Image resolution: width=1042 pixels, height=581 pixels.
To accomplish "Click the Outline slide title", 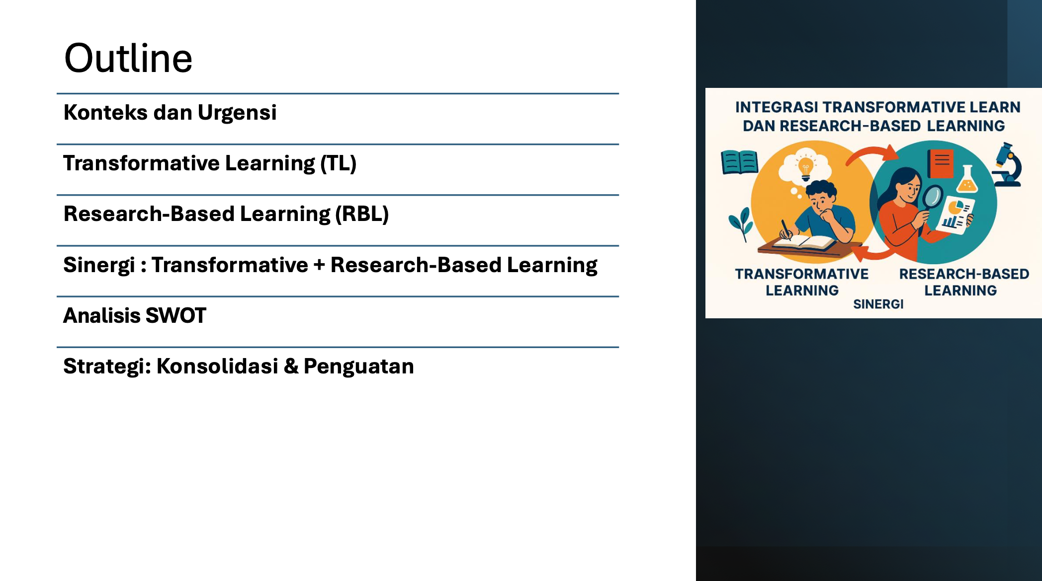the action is (128, 58).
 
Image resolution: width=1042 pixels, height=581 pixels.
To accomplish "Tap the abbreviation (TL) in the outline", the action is (339, 163).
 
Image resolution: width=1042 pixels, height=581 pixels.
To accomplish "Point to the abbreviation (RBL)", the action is (362, 214).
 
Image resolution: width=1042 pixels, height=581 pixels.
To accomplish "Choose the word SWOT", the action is (176, 316).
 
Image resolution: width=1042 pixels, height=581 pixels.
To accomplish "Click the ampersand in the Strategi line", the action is (291, 366).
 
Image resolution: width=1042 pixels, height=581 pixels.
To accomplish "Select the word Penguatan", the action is (359, 367).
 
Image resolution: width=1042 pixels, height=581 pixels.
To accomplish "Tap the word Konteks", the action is (105, 113).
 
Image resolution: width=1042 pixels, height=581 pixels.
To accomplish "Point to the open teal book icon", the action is (739, 162).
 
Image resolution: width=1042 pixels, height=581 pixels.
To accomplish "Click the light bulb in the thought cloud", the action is (805, 168).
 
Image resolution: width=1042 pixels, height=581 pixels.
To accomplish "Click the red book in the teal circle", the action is (941, 163).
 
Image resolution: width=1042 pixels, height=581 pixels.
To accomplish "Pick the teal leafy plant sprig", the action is (741, 223).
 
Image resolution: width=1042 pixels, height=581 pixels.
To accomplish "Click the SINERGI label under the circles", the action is (878, 304).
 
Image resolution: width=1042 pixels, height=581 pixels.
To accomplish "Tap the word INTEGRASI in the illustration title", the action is (777, 107).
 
